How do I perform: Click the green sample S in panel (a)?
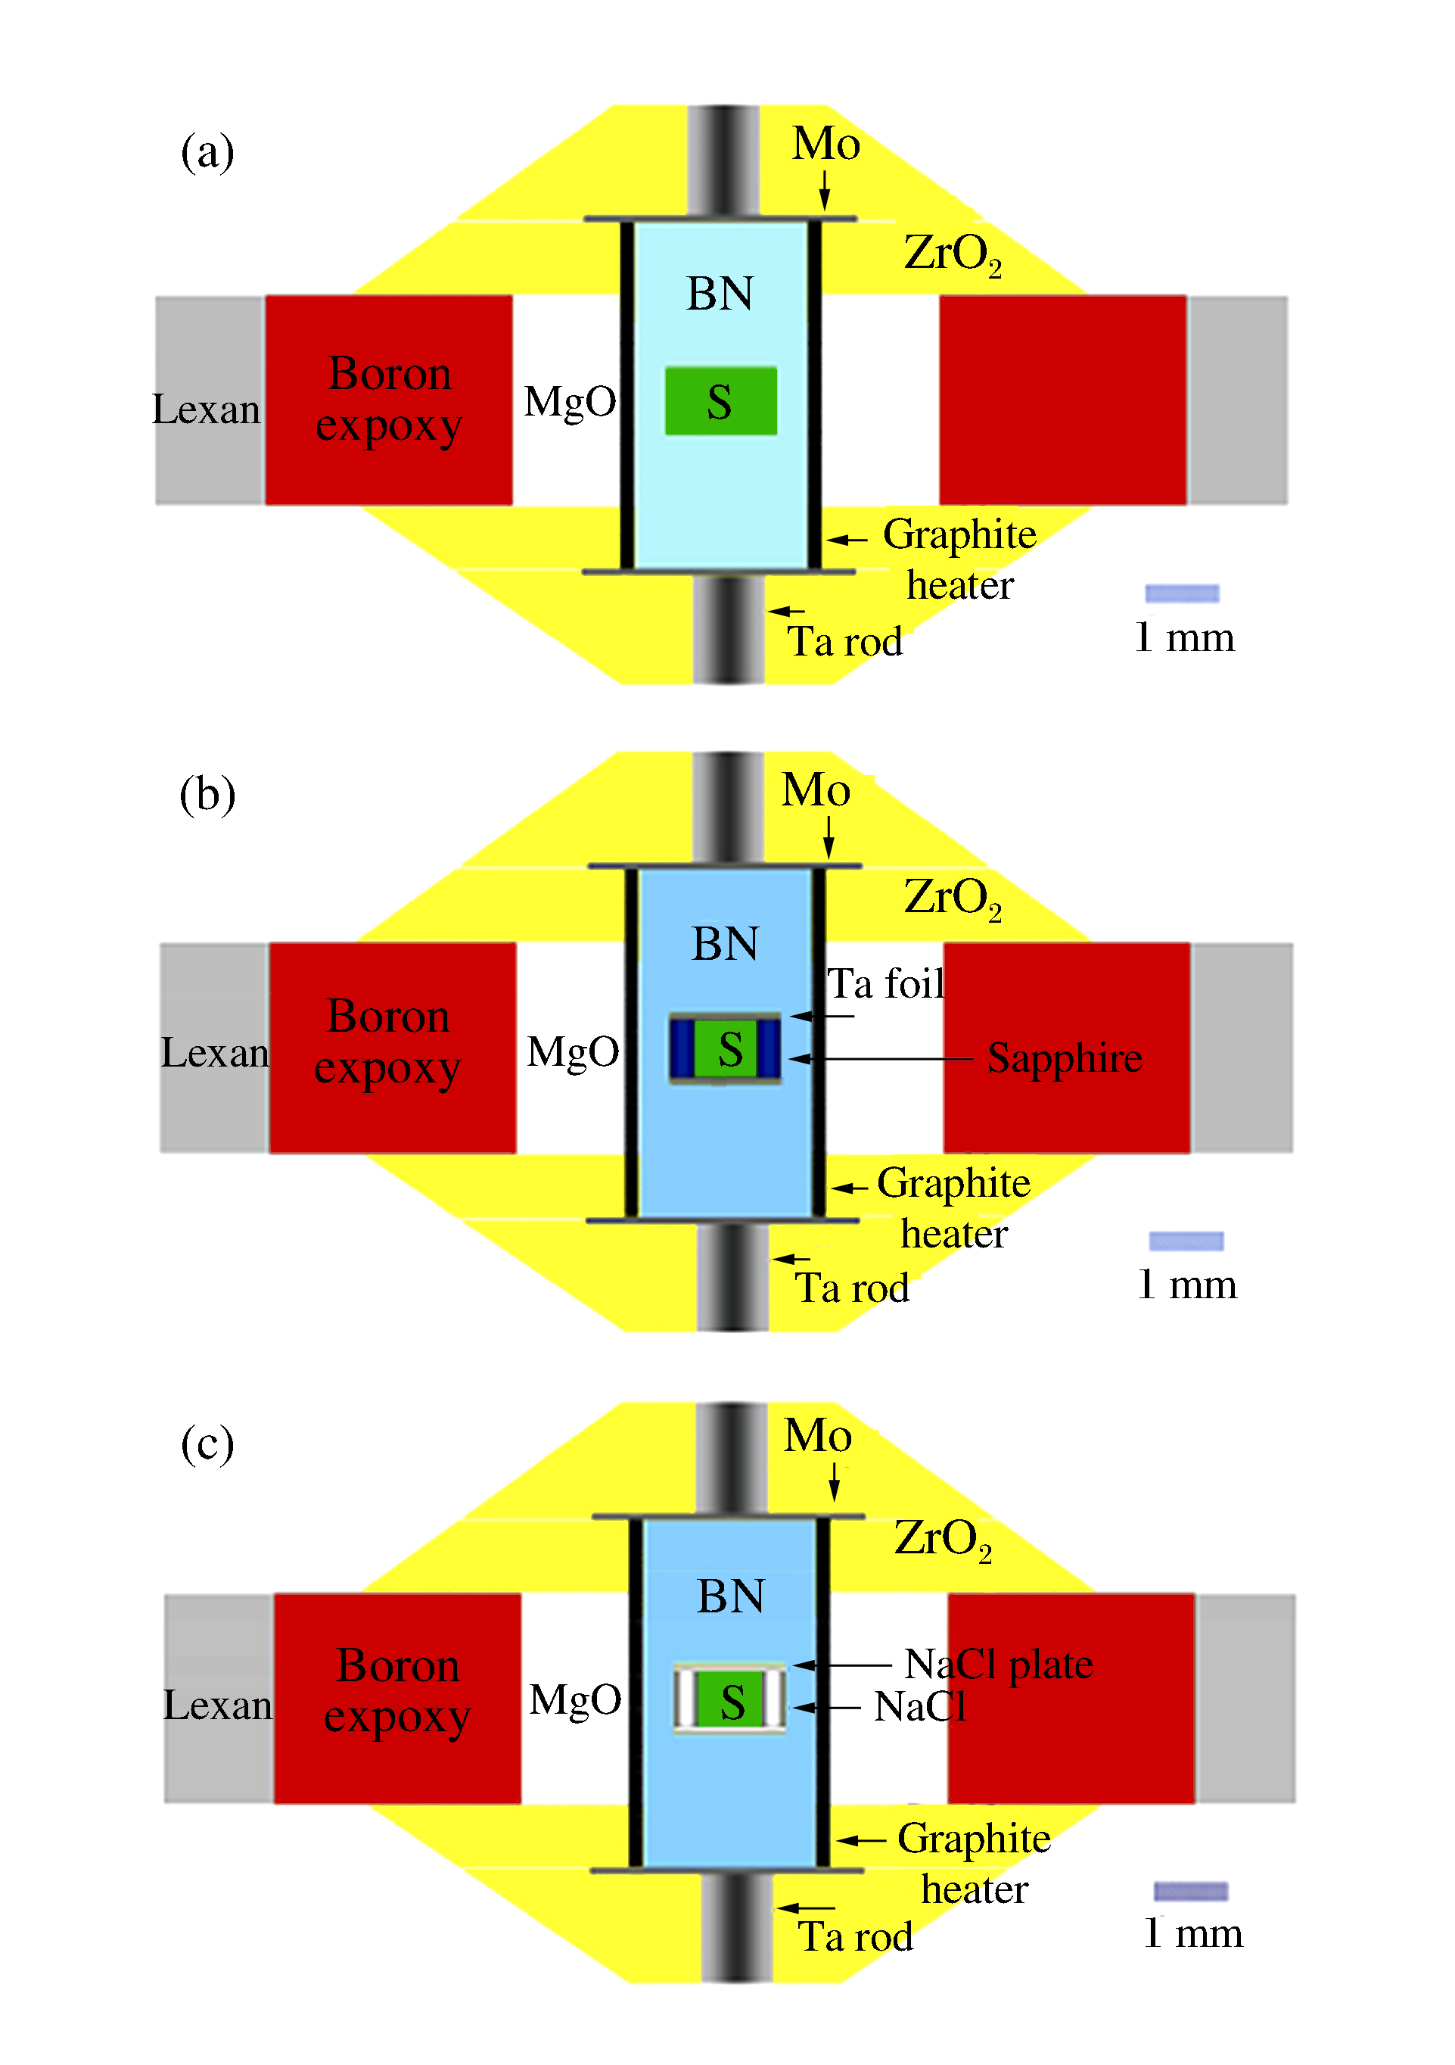coord(720,401)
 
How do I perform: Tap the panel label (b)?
coord(208,794)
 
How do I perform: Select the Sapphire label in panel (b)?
coord(1065,1057)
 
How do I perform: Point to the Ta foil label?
coord(886,983)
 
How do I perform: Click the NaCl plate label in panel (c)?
coord(998,1664)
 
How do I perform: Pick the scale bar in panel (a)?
coord(1182,593)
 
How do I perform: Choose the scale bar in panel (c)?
coord(1191,1892)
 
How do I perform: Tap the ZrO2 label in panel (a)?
coord(953,254)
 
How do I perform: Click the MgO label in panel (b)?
coord(573,1051)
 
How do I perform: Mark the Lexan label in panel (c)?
coord(218,1705)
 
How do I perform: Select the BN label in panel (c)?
coord(730,1596)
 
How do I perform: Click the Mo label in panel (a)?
coord(825,144)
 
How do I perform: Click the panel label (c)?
coord(208,1444)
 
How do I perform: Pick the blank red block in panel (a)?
coord(1062,400)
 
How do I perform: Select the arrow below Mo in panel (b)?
coord(829,836)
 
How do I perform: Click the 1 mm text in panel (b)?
coord(1187,1285)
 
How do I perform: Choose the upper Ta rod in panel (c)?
coord(731,1458)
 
